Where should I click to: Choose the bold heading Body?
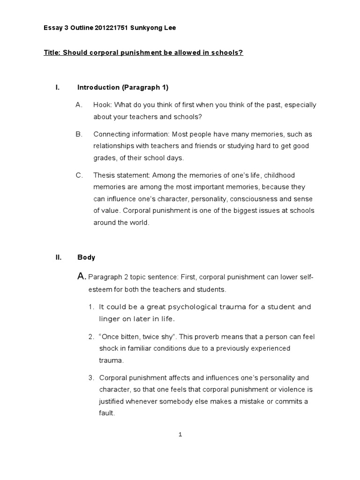(86, 257)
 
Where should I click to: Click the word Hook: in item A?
(102, 105)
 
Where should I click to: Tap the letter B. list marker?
(79, 134)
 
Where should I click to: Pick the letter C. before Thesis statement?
(79, 175)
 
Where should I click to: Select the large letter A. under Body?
(82, 277)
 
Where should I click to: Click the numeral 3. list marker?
(91, 378)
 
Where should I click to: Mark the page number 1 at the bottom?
(180, 435)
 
